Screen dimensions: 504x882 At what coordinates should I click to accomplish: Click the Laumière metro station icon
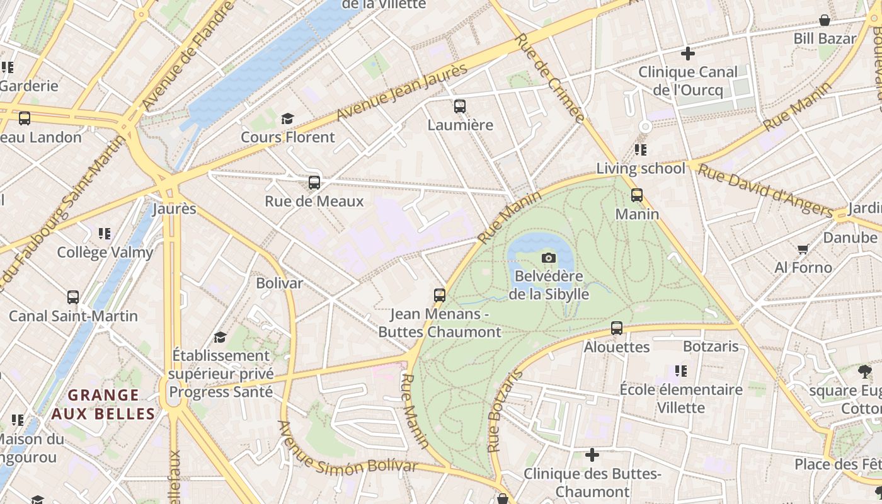pyautogui.click(x=460, y=106)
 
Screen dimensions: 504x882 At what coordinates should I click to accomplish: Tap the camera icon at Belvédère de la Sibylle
pyautogui.click(x=549, y=258)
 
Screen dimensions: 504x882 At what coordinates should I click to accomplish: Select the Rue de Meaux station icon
pyautogui.click(x=314, y=183)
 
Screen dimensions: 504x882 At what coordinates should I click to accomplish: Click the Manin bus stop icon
pyautogui.click(x=637, y=195)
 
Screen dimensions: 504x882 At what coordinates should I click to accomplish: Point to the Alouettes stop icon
pyautogui.click(x=617, y=328)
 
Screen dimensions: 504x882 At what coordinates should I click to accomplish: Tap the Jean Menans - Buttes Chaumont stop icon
pyautogui.click(x=440, y=295)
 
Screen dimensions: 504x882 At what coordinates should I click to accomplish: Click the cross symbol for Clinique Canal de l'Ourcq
pyautogui.click(x=688, y=53)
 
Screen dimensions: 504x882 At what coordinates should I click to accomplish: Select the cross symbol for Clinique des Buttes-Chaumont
pyautogui.click(x=592, y=454)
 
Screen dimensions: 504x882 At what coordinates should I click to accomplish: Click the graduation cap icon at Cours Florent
pyautogui.click(x=288, y=118)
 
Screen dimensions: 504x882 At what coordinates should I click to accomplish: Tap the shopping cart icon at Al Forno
pyautogui.click(x=803, y=249)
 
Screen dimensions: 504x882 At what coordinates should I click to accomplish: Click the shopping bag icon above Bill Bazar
pyautogui.click(x=825, y=20)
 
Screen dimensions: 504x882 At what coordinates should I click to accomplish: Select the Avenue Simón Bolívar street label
pyautogui.click(x=347, y=449)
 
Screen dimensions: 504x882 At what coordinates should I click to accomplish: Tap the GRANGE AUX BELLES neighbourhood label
pyautogui.click(x=103, y=404)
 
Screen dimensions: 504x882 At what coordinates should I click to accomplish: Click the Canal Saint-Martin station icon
pyautogui.click(x=73, y=297)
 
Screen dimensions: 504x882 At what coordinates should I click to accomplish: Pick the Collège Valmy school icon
pyautogui.click(x=105, y=234)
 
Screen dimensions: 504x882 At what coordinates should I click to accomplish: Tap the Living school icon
pyautogui.click(x=641, y=150)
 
